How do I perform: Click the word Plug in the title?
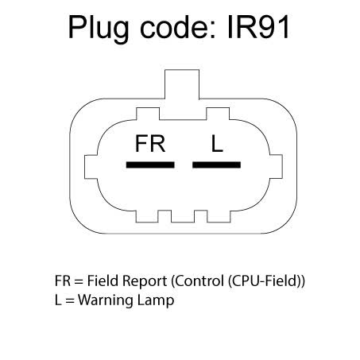click(x=99, y=28)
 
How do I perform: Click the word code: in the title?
click(x=177, y=27)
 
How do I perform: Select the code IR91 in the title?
click(x=258, y=27)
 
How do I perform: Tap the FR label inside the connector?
click(x=150, y=144)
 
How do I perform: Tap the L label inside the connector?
click(x=217, y=144)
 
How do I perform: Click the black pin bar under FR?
click(x=150, y=165)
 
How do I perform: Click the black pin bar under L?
click(x=216, y=165)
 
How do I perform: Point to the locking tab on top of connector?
click(x=182, y=84)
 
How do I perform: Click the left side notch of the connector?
click(x=91, y=167)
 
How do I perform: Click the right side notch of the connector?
click(x=276, y=167)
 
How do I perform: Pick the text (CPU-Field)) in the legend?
click(x=266, y=281)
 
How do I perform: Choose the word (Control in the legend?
click(x=198, y=281)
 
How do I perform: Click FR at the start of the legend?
click(x=63, y=281)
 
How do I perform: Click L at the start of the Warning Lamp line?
click(x=58, y=300)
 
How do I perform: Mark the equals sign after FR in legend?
click(x=79, y=282)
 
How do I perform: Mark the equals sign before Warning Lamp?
click(x=70, y=301)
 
